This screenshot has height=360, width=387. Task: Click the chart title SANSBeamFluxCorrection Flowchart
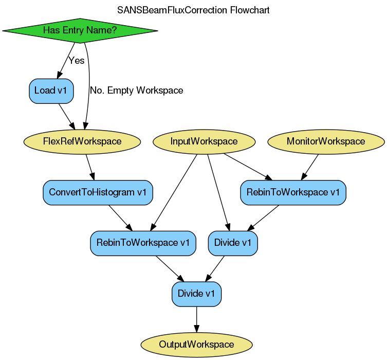pyautogui.click(x=193, y=10)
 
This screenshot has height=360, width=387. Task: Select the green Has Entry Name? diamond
pyautogui.click(x=80, y=30)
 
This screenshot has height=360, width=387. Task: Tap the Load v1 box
pyautogui.click(x=51, y=91)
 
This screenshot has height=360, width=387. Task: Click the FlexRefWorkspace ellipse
pyautogui.click(x=82, y=141)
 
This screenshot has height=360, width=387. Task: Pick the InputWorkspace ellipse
pyautogui.click(x=204, y=141)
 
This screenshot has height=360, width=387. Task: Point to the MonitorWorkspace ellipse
pyautogui.click(x=326, y=141)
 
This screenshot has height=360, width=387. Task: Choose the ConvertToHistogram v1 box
pyautogui.click(x=98, y=192)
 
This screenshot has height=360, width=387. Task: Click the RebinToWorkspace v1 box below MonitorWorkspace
pyautogui.click(x=293, y=192)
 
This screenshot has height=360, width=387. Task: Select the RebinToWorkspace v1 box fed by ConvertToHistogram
pyautogui.click(x=143, y=243)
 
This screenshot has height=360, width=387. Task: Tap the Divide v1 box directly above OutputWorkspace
pyautogui.click(x=196, y=294)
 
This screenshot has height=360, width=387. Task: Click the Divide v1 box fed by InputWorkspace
pyautogui.click(x=233, y=243)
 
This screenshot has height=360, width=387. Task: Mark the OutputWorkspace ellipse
pyautogui.click(x=196, y=344)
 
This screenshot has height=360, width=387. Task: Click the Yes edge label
pyautogui.click(x=76, y=61)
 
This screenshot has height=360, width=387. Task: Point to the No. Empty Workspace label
pyautogui.click(x=136, y=91)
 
